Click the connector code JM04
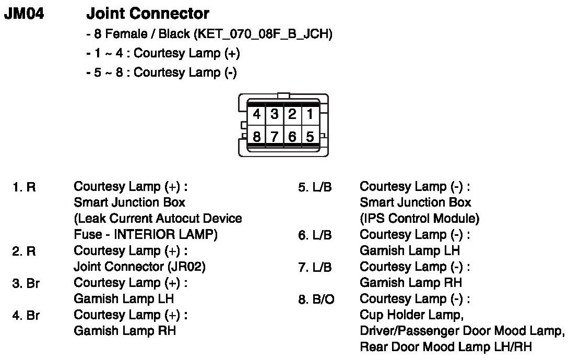click(24, 14)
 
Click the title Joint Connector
click(148, 14)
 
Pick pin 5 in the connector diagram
click(310, 137)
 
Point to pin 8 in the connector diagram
click(257, 137)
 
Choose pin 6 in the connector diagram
click(292, 137)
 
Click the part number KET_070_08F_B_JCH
click(263, 35)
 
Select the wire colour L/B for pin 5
click(322, 187)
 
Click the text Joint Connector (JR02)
click(140, 267)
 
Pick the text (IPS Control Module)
click(420, 219)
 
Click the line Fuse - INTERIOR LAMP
click(146, 235)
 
